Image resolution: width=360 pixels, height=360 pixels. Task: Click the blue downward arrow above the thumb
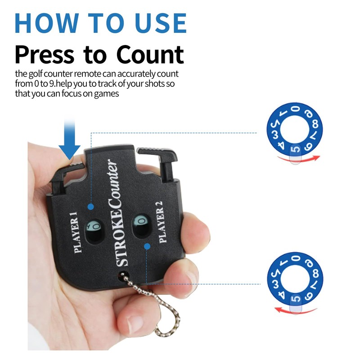click(x=69, y=139)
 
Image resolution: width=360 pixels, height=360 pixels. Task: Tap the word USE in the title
click(x=161, y=23)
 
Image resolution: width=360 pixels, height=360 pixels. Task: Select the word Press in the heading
click(x=45, y=54)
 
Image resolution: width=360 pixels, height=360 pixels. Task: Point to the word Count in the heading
click(x=150, y=54)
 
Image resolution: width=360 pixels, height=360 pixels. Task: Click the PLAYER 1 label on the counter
click(x=76, y=232)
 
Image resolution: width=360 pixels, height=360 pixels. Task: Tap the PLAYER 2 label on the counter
click(x=161, y=222)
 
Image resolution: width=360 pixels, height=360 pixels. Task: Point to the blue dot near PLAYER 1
click(x=91, y=207)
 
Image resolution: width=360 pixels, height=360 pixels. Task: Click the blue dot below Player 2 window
click(x=147, y=247)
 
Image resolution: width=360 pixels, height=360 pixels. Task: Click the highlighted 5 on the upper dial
click(x=295, y=150)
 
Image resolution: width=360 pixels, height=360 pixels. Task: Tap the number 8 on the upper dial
click(x=315, y=124)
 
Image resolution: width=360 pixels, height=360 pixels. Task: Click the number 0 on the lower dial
click(x=296, y=258)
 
